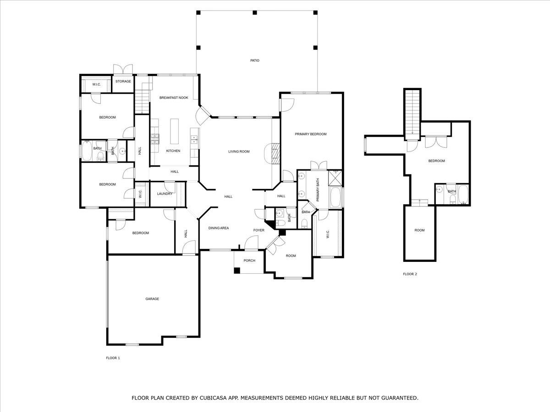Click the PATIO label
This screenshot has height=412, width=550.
[x=254, y=60]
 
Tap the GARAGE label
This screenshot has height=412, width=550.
[x=152, y=299]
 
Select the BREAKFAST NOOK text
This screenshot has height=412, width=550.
[x=174, y=98]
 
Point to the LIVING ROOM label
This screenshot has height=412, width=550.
[x=239, y=152]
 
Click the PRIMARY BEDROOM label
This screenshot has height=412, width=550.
[x=310, y=134]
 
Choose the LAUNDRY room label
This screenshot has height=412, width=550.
[x=165, y=194]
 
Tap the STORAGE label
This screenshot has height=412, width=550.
[x=123, y=81]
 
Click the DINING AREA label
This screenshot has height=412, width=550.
[x=219, y=228]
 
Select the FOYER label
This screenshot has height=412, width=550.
[x=258, y=230]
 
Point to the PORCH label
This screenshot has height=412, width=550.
[x=249, y=260]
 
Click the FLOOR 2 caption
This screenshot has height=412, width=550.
[x=410, y=274]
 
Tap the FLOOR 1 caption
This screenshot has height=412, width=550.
[x=113, y=358]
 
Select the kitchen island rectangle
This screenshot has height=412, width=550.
[x=175, y=131]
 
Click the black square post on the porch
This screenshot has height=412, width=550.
[x=237, y=271]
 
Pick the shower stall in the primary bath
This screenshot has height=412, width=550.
[x=335, y=178]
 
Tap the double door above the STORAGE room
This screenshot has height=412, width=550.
[x=123, y=69]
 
